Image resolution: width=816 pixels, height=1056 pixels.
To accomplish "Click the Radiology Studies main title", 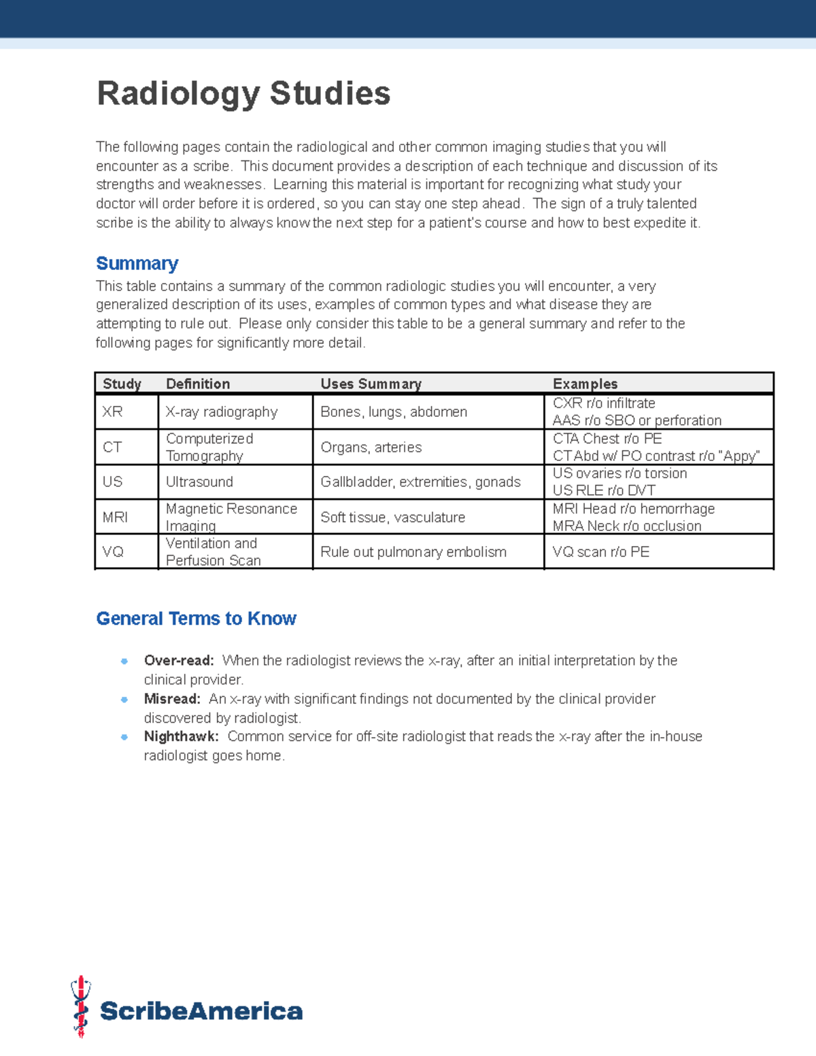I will (243, 93).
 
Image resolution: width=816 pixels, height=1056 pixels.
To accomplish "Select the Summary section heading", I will (137, 263).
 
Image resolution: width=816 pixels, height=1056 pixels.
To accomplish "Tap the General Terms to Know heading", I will (196, 618).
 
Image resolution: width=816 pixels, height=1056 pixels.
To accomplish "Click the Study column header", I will (122, 384).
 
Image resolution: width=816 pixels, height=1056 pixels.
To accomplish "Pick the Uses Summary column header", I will (371, 384).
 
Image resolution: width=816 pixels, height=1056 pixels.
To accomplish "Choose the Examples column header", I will (585, 384).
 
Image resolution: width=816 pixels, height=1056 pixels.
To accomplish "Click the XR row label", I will (112, 411).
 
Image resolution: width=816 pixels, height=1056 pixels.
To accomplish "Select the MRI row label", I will (115, 517).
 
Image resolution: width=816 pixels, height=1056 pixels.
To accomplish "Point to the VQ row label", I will (113, 551).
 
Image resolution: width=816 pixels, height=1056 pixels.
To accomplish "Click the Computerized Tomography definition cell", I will (209, 447).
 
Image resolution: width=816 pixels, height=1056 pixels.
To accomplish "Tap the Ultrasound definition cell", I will (199, 481).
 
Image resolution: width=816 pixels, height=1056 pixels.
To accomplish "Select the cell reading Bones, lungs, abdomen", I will (394, 411).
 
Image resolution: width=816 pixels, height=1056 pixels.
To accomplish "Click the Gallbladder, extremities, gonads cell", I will (420, 481).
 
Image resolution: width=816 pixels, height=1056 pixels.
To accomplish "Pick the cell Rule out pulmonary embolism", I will (413, 551).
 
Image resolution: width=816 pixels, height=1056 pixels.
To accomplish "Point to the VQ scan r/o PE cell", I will (600, 551).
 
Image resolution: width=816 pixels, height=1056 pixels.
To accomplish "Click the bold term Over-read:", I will (179, 660).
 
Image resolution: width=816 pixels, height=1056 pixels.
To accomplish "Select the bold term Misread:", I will (172, 698).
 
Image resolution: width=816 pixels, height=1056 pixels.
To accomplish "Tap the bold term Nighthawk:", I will (181, 736).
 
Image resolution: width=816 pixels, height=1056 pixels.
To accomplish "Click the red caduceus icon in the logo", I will (81, 1006).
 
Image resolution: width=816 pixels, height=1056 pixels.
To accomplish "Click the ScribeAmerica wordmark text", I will (201, 1011).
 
